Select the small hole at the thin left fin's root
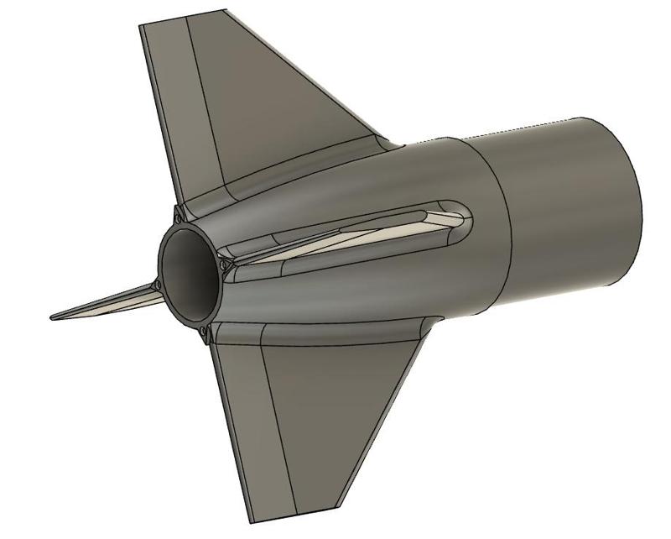point(156,285)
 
